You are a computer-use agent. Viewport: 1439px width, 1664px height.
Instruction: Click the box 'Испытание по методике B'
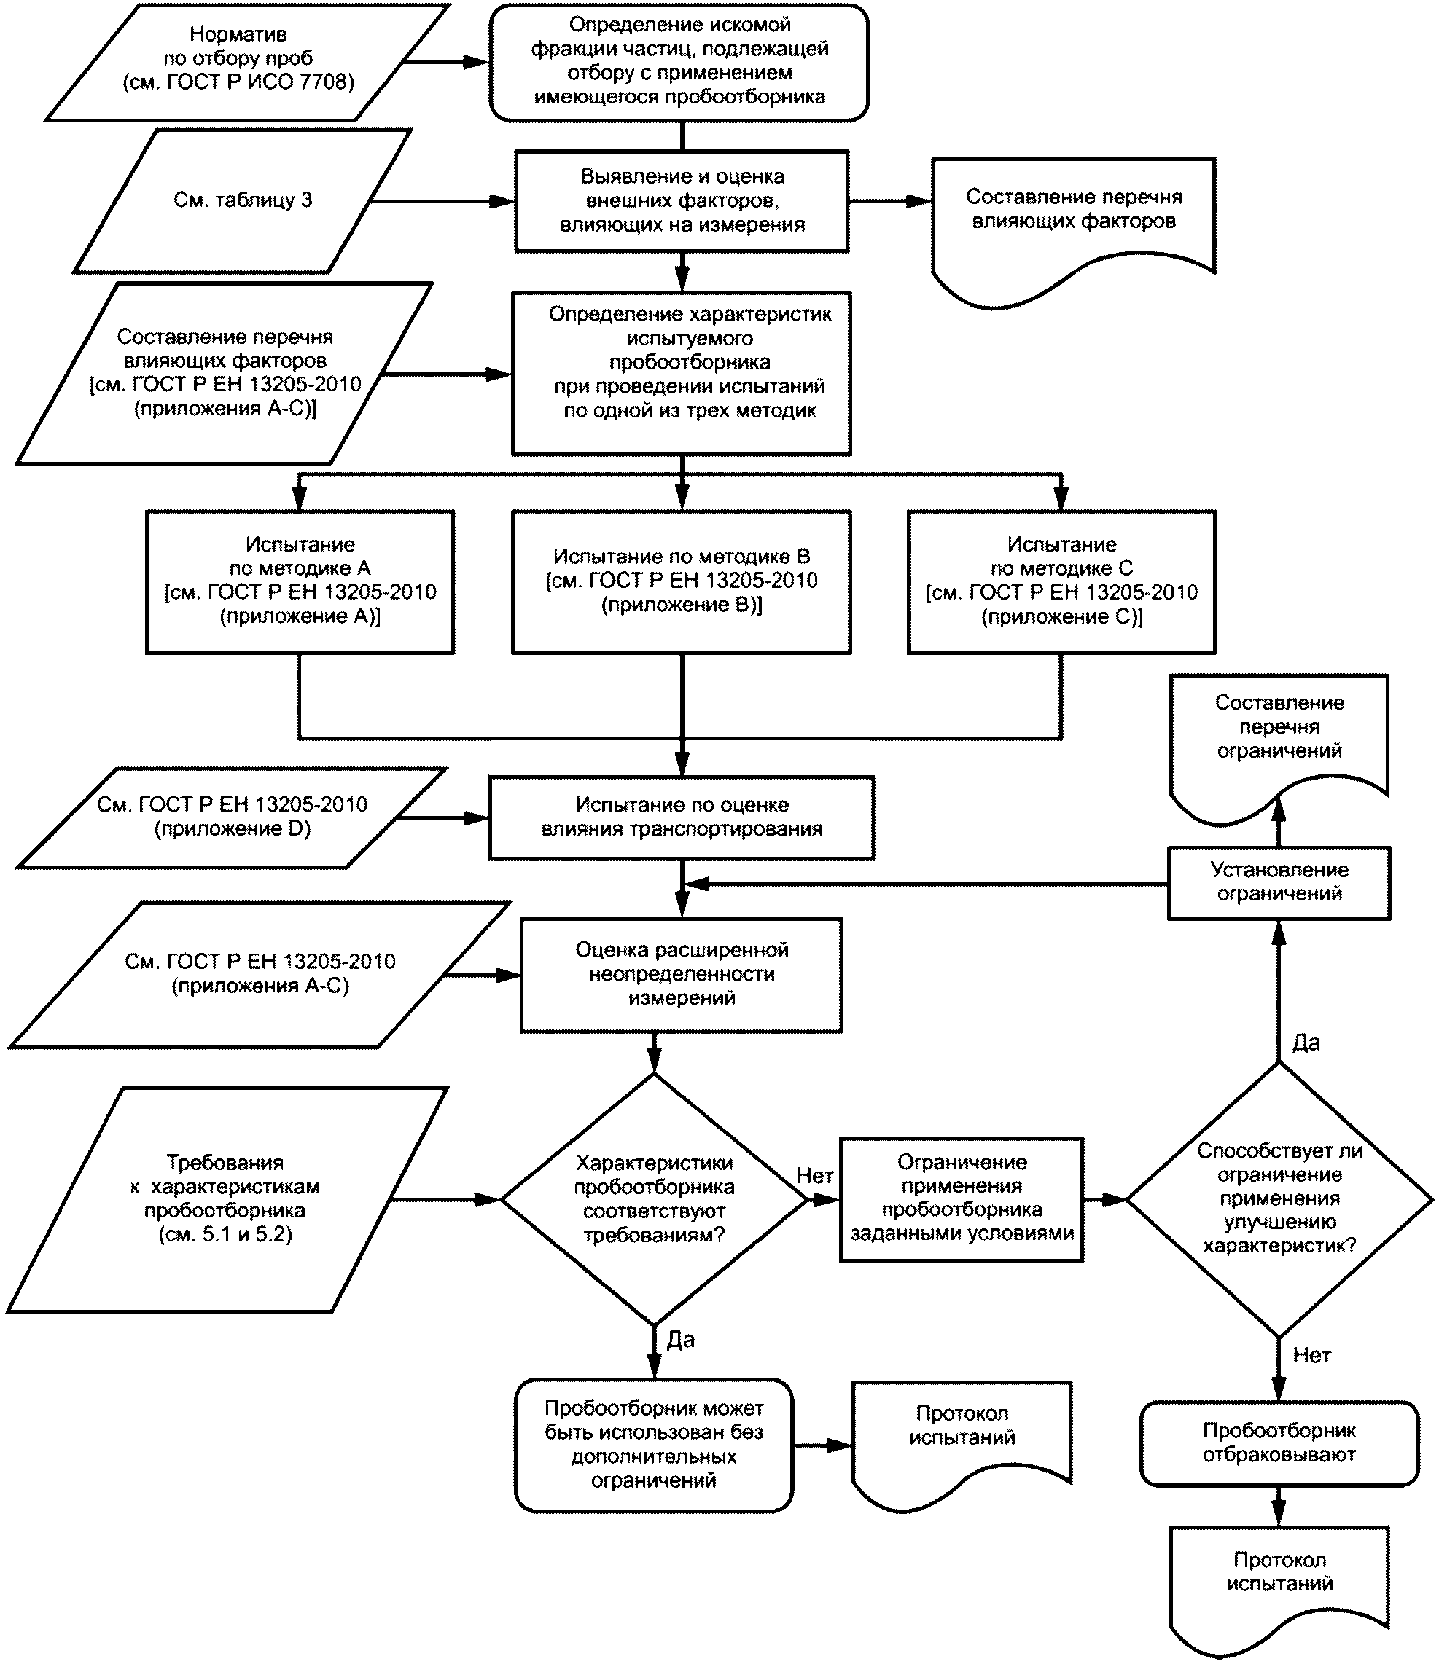[x=682, y=581]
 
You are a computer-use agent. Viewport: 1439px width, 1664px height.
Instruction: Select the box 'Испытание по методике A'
[x=300, y=581]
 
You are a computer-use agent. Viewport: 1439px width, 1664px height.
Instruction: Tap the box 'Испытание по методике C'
[x=1061, y=581]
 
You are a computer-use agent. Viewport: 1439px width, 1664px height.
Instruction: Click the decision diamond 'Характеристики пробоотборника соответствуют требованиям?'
[x=654, y=1200]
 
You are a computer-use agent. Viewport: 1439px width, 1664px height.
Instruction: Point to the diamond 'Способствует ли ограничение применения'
[x=1279, y=1200]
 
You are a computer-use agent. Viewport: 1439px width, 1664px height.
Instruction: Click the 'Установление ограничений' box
[x=1279, y=882]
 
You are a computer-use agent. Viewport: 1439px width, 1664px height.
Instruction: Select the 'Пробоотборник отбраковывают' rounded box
[x=1279, y=1443]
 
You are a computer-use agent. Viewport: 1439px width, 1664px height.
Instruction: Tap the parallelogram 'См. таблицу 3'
[x=243, y=201]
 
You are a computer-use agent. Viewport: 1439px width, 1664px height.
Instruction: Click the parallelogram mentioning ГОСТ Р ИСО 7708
[x=247, y=63]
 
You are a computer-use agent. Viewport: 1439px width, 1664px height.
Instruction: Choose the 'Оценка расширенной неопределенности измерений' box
[x=682, y=975]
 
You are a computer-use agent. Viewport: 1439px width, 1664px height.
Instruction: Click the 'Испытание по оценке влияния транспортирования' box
[x=682, y=817]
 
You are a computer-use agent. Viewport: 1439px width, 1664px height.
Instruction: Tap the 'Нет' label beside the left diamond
[x=814, y=1176]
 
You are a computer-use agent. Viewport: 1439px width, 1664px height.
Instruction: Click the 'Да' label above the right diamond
[x=1306, y=1043]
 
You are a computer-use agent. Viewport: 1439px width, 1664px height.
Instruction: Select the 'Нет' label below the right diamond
[x=1311, y=1356]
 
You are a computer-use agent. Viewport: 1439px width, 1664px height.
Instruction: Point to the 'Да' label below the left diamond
[x=681, y=1340]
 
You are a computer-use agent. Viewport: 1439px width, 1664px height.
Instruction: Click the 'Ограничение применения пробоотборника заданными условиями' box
[x=962, y=1200]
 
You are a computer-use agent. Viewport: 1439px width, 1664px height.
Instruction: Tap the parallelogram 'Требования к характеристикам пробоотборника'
[x=227, y=1200]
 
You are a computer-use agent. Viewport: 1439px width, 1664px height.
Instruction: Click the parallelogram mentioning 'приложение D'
[x=231, y=817]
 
